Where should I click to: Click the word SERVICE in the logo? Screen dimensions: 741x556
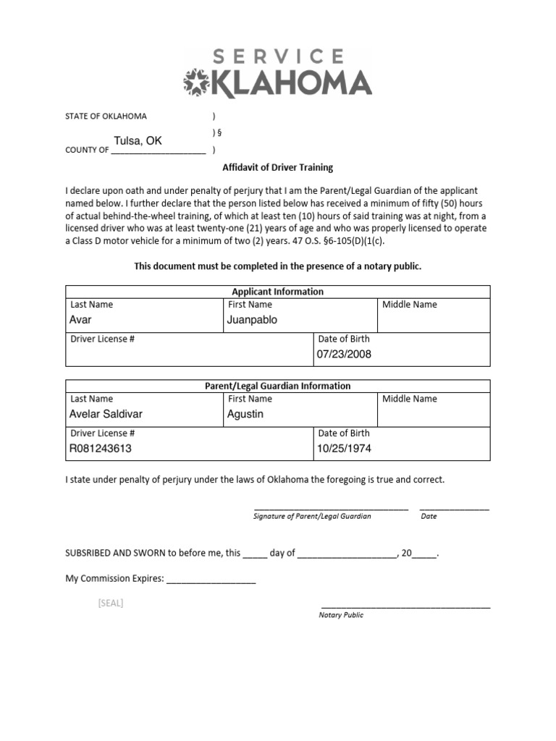coord(279,56)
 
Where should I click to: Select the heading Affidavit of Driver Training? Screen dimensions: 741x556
coord(277,167)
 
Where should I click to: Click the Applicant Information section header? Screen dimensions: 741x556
coord(277,292)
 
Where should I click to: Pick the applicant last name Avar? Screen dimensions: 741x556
coord(80,319)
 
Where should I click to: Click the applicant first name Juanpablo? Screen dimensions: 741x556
coord(252,319)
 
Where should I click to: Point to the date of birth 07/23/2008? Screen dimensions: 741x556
coord(344,354)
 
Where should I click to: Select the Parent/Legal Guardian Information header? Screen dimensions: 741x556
coord(277,386)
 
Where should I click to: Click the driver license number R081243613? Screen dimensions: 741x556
coord(101,448)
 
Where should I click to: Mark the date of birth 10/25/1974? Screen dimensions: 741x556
coord(344,448)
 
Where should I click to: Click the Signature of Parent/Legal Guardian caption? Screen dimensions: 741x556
coord(312,517)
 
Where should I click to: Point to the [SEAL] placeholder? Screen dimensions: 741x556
coord(111,604)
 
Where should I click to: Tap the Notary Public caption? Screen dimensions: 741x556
coord(341,615)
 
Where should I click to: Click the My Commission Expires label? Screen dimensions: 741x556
coord(115,579)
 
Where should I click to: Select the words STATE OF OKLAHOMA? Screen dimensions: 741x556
coord(106,116)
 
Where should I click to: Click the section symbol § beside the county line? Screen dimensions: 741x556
coord(215,132)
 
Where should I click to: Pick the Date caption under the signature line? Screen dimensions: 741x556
coord(429,517)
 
